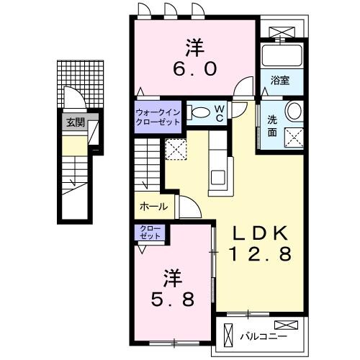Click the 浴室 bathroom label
pos(281,82)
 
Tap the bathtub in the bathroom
pos(281,56)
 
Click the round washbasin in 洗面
pos(293,110)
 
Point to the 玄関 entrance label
pos(74,122)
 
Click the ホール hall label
pos(153,207)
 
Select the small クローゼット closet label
pos(152,233)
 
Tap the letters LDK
pos(260,233)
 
